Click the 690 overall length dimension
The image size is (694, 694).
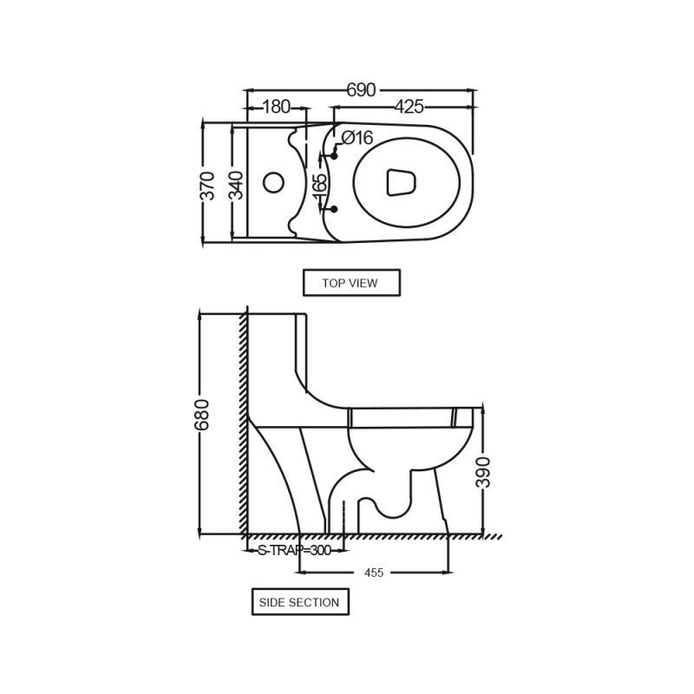point(361,90)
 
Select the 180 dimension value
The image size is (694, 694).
point(276,107)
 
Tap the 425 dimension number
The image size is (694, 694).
point(409,107)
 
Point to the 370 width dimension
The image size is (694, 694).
point(207,186)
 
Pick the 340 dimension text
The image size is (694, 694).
point(237,186)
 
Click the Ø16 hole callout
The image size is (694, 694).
point(357,138)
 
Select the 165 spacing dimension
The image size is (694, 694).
point(319,187)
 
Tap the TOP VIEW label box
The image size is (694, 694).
point(351,283)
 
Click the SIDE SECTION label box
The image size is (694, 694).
point(300,602)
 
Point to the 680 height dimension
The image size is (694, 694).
point(201,415)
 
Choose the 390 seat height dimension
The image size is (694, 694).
point(483,472)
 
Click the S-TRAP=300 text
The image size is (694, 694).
point(294,550)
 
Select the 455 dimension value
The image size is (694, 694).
point(374,573)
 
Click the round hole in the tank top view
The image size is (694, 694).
point(273,182)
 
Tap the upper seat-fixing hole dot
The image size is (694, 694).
point(334,156)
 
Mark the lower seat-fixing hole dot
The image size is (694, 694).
point(334,208)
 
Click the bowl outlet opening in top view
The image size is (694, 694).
point(402,182)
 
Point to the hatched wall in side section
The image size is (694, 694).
point(244,424)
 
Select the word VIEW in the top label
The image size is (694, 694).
point(363,283)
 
